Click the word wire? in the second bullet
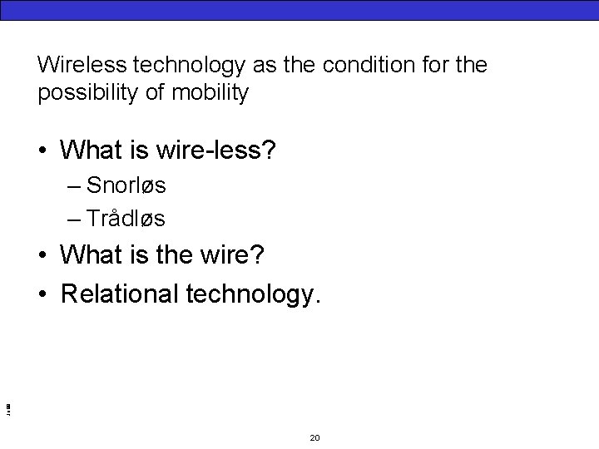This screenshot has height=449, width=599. click(x=230, y=255)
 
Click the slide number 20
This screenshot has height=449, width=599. click(x=314, y=437)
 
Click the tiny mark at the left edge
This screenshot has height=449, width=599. click(x=7, y=407)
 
